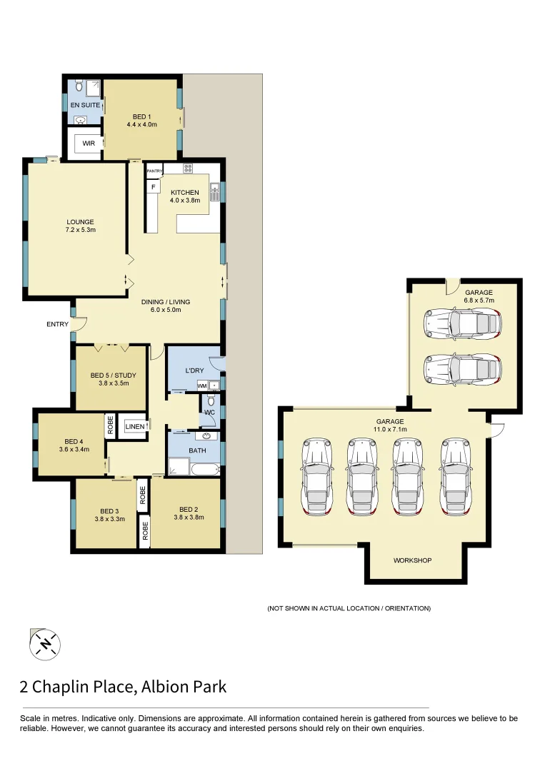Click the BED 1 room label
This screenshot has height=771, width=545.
pos(141,116)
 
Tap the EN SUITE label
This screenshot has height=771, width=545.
pos(85,105)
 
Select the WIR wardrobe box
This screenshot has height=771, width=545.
pos(88,143)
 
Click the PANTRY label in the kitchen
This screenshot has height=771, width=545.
pos(155,171)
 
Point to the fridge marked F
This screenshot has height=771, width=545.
pos(153,187)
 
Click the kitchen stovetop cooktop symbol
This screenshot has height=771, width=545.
pos(188,169)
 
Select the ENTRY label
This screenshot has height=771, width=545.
pos(58,324)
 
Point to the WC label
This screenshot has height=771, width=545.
pos(209,412)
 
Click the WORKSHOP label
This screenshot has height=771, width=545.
pos(412,560)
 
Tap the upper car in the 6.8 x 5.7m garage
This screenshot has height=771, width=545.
pos(461,323)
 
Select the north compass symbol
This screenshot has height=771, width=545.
pos(45,645)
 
